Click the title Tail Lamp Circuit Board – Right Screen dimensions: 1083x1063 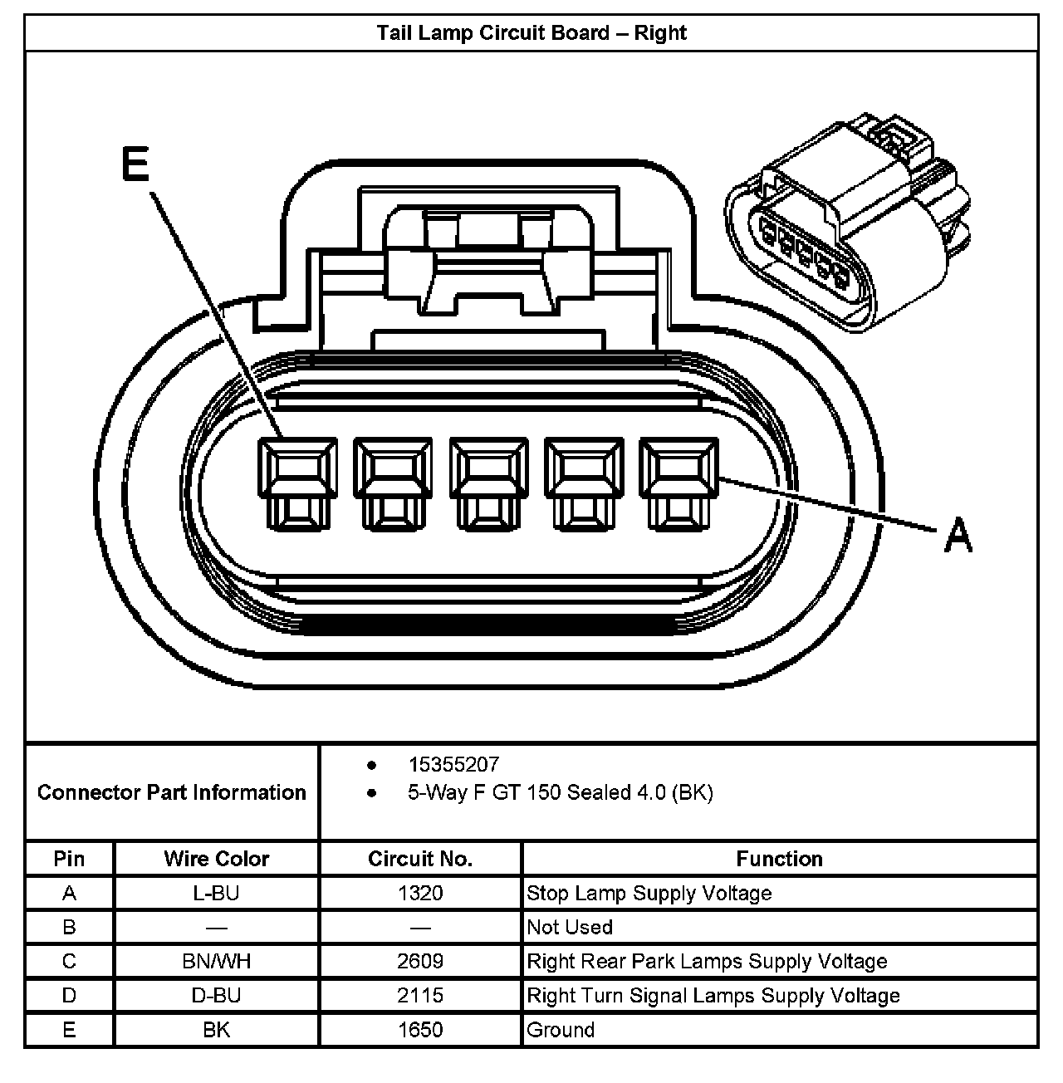[531, 33]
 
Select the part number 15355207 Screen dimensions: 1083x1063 [453, 764]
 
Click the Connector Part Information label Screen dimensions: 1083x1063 [172, 792]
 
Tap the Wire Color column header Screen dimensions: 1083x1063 [217, 859]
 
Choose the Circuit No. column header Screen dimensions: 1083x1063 [420, 859]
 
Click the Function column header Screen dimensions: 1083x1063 [779, 859]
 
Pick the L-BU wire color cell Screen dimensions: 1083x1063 [217, 894]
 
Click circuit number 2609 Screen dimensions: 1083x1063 [420, 962]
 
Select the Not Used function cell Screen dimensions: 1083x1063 [570, 927]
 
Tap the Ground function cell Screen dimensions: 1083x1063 [561, 1030]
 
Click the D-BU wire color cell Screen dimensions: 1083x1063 [217, 996]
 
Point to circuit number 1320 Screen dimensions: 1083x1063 [420, 894]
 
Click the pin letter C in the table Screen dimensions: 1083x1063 [69, 962]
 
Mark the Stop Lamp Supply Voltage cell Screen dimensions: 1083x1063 [649, 894]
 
